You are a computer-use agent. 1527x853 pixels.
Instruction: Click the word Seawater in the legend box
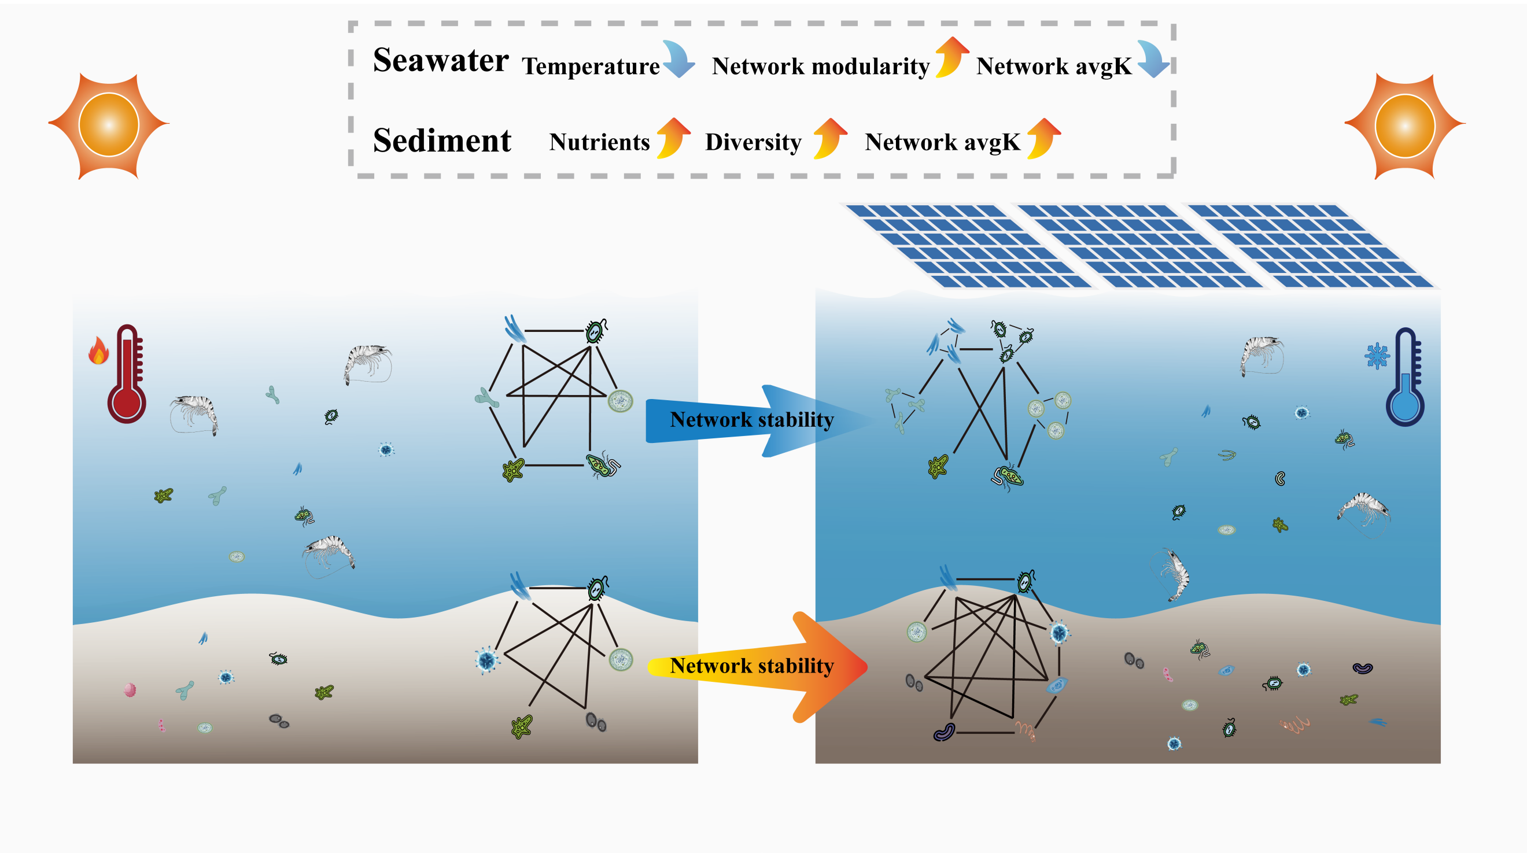[440, 61]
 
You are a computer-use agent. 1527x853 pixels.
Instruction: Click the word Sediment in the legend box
[442, 141]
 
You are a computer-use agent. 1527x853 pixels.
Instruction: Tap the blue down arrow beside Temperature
[678, 60]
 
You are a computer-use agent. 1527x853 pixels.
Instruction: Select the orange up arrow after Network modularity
[952, 57]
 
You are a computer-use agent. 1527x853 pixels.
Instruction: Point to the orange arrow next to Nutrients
[673, 138]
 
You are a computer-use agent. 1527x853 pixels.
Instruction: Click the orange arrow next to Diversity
[830, 138]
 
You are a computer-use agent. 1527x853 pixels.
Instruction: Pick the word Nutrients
[599, 142]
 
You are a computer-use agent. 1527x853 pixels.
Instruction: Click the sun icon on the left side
[109, 125]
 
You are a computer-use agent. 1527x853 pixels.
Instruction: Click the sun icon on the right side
[1405, 125]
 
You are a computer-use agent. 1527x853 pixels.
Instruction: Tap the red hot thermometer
[127, 374]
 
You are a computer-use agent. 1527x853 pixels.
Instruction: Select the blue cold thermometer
[1406, 377]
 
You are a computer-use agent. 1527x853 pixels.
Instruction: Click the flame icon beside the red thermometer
[98, 350]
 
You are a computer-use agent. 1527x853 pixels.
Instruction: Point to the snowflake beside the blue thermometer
[1377, 356]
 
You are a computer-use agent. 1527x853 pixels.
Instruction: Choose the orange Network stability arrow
[758, 667]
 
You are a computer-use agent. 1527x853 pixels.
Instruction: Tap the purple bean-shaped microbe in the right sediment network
[944, 732]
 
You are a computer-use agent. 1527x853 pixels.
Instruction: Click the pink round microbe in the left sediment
[130, 689]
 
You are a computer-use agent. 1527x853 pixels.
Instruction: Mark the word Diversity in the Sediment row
[754, 142]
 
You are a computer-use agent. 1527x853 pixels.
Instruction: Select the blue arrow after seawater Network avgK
[1153, 60]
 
